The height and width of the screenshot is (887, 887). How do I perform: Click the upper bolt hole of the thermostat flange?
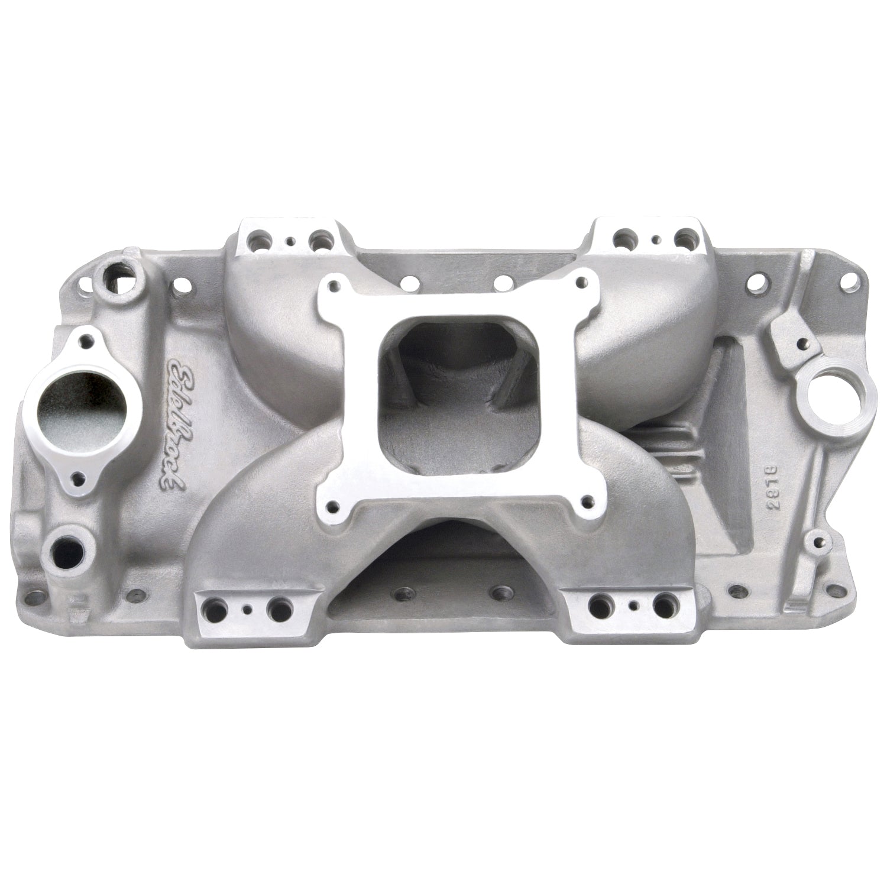click(x=88, y=341)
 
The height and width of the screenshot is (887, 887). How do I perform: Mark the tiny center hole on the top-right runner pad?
click(x=657, y=241)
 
